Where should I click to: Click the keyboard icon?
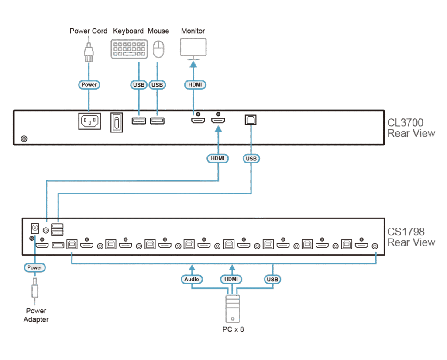point(129,49)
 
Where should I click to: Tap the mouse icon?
point(159,49)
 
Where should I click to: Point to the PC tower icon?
point(232,309)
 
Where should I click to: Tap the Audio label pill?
point(192,279)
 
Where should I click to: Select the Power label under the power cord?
point(89,84)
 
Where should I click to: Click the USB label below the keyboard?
point(138,84)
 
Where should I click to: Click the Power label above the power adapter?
point(34,267)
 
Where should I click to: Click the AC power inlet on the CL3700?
point(89,121)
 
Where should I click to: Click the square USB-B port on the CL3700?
point(251,119)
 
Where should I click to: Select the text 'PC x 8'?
point(232,329)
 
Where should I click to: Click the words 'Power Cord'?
point(89,31)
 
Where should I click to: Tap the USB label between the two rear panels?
point(251,159)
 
